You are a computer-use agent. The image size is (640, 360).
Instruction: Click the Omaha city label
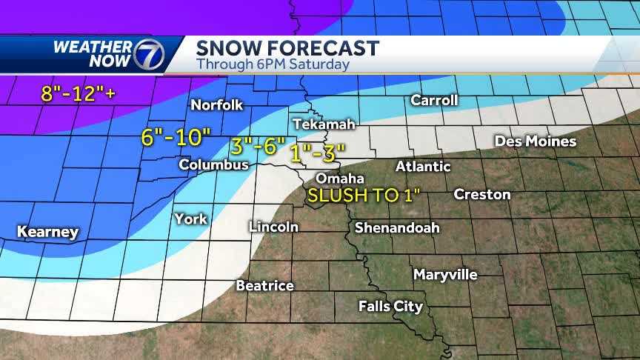coord(340,179)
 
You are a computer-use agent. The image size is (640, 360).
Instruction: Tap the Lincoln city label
coord(274,227)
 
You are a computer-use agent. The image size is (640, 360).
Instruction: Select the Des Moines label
coord(535,141)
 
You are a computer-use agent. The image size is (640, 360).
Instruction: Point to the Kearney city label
coord(47,233)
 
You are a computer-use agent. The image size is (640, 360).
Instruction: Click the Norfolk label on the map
coord(216,105)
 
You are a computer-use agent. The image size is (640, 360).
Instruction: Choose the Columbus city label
coord(213,165)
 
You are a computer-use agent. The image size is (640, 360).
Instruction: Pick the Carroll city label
coord(434,100)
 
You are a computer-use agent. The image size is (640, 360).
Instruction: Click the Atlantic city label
coord(423,166)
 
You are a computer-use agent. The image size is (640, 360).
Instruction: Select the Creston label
coord(481,194)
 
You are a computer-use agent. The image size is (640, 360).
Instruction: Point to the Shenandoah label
coord(396,227)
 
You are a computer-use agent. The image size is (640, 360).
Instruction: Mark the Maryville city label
coord(445,275)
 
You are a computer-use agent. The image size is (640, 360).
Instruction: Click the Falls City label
coord(390,306)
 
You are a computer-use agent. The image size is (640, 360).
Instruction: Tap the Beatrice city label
coord(264,285)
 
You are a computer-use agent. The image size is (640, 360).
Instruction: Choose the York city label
coord(190,219)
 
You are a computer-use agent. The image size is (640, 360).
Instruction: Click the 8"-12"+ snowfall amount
coord(73,94)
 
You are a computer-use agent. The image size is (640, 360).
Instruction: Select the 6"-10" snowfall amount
coord(176,136)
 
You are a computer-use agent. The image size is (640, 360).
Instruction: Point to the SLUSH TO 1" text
coord(364,196)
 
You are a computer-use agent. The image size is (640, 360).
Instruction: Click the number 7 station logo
coord(144,54)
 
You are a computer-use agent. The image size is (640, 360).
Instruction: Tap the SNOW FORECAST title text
coord(287,48)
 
